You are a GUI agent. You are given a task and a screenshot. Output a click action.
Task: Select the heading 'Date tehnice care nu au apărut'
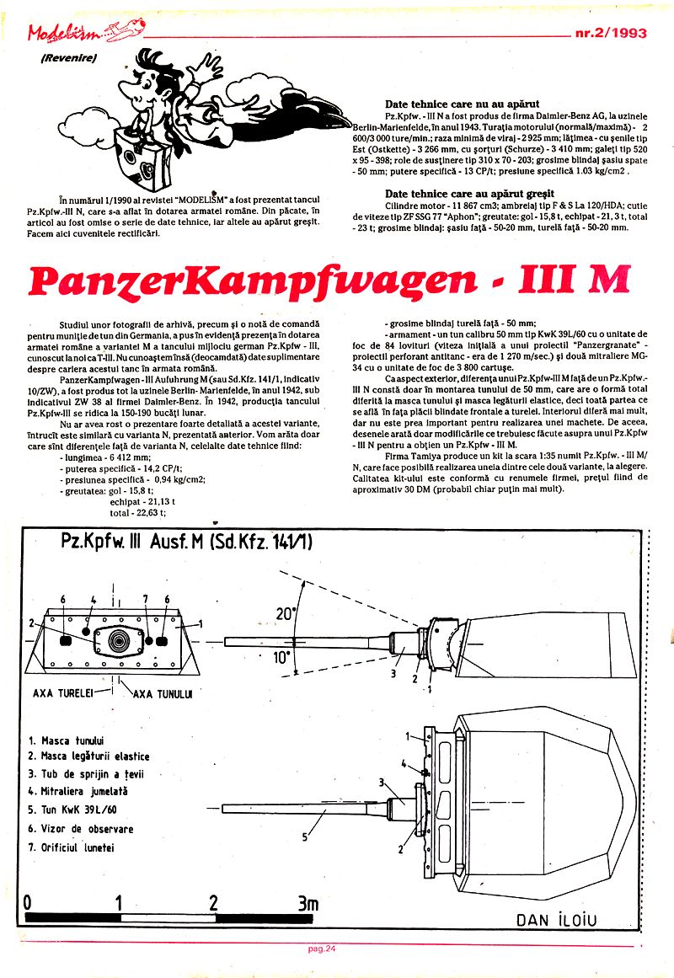[462, 104]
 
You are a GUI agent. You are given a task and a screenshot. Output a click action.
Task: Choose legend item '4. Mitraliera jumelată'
[78, 792]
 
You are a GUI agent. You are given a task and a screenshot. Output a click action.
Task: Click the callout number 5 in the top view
[303, 836]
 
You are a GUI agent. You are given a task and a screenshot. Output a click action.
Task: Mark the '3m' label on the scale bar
[308, 902]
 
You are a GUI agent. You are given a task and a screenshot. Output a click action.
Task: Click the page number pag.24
[323, 949]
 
